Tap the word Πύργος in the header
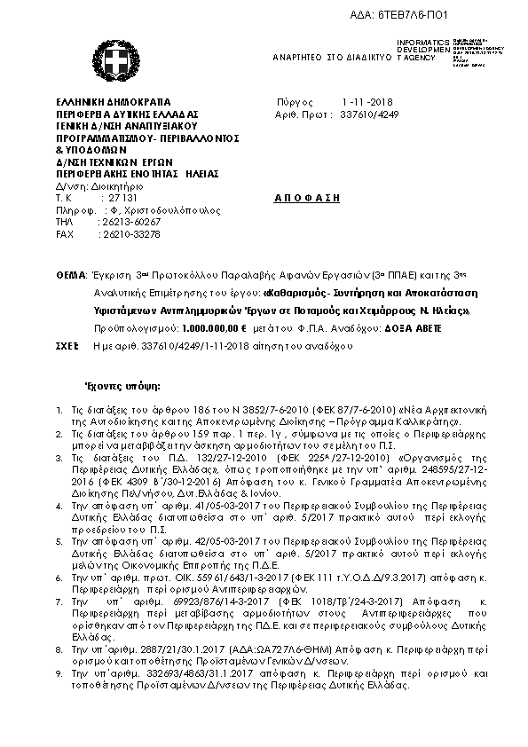tap(291, 102)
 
